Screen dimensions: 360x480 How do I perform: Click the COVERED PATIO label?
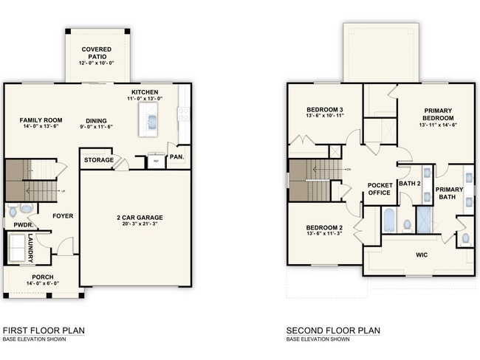(97, 53)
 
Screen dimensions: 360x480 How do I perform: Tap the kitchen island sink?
(151, 120)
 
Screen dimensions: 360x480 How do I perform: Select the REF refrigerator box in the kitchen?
(155, 161)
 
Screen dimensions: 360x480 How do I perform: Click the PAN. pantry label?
(176, 157)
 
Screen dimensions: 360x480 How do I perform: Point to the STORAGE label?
(98, 160)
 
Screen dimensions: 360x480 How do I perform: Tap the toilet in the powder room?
(25, 209)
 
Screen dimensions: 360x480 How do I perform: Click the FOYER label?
(62, 216)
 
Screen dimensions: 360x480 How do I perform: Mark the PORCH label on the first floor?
(42, 277)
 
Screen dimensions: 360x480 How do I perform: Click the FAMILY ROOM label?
(41, 120)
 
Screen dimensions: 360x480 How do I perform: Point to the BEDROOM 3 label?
(319, 110)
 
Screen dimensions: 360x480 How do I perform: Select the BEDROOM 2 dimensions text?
(319, 234)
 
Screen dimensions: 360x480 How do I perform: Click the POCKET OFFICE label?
(380, 189)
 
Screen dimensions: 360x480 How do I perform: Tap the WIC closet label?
(422, 255)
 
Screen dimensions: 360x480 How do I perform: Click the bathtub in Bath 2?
(388, 220)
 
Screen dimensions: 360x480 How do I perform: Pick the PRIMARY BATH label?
(449, 193)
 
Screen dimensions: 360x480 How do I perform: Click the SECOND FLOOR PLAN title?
(333, 330)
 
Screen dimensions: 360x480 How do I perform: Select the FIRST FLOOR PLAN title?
(43, 330)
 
